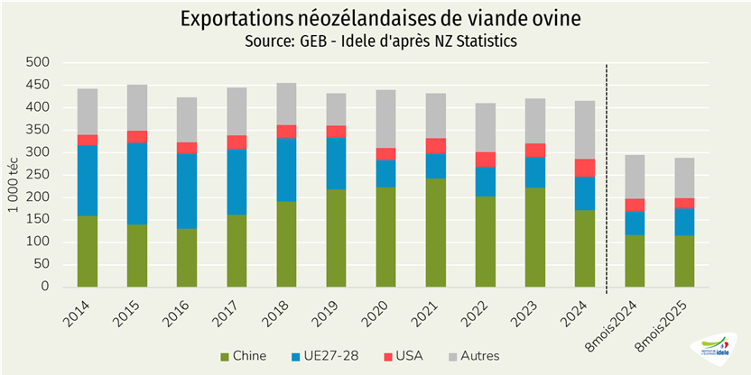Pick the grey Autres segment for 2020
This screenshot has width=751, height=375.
385,119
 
